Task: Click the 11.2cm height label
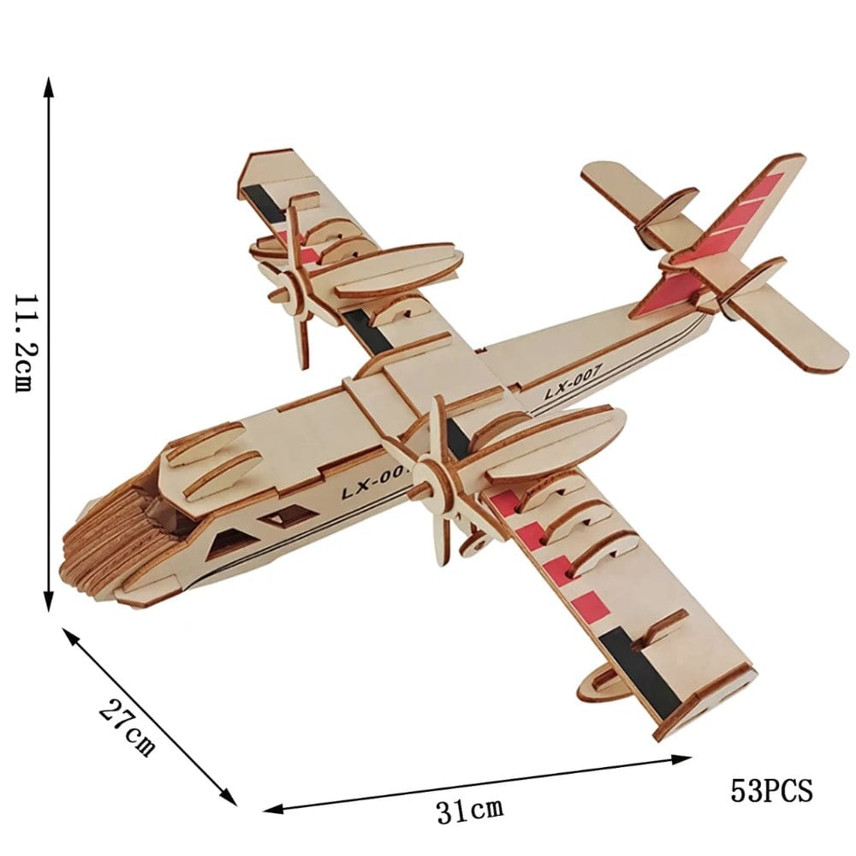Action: pyautogui.click(x=23, y=342)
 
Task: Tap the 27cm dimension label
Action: pyautogui.click(x=127, y=727)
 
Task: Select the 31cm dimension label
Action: pyautogui.click(x=469, y=808)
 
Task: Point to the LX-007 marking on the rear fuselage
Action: pyautogui.click(x=574, y=382)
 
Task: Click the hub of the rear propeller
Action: pyautogui.click(x=294, y=292)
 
